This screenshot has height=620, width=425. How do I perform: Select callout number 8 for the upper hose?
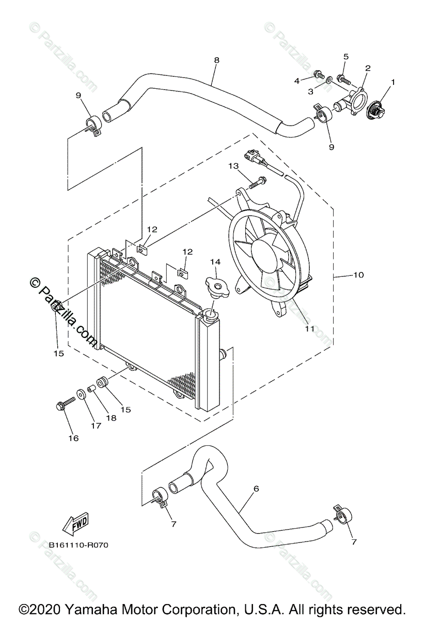(x=216, y=60)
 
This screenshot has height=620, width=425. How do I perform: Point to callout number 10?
(x=358, y=275)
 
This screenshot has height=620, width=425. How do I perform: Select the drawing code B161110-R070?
(x=79, y=545)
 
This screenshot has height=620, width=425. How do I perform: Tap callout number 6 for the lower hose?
(x=256, y=488)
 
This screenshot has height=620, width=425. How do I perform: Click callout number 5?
(x=346, y=56)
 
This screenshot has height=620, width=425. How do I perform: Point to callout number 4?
(x=297, y=81)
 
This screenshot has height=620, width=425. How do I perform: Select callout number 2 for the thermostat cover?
(x=368, y=68)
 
